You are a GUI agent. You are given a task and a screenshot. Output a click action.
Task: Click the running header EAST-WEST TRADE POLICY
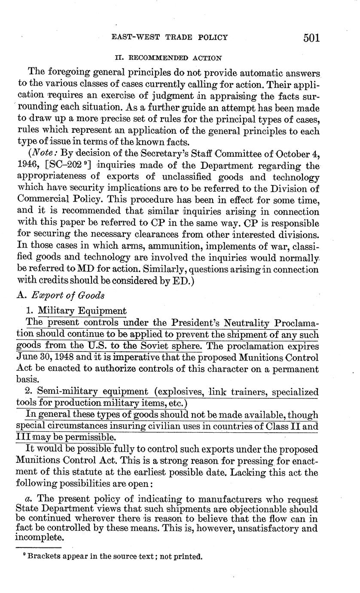[x=169, y=37]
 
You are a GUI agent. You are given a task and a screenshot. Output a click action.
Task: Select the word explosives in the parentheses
[x=178, y=392]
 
